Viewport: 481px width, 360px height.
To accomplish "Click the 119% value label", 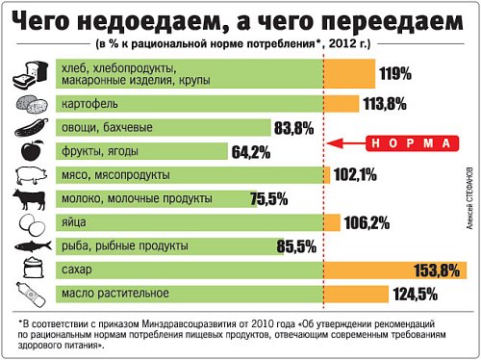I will [395, 73].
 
